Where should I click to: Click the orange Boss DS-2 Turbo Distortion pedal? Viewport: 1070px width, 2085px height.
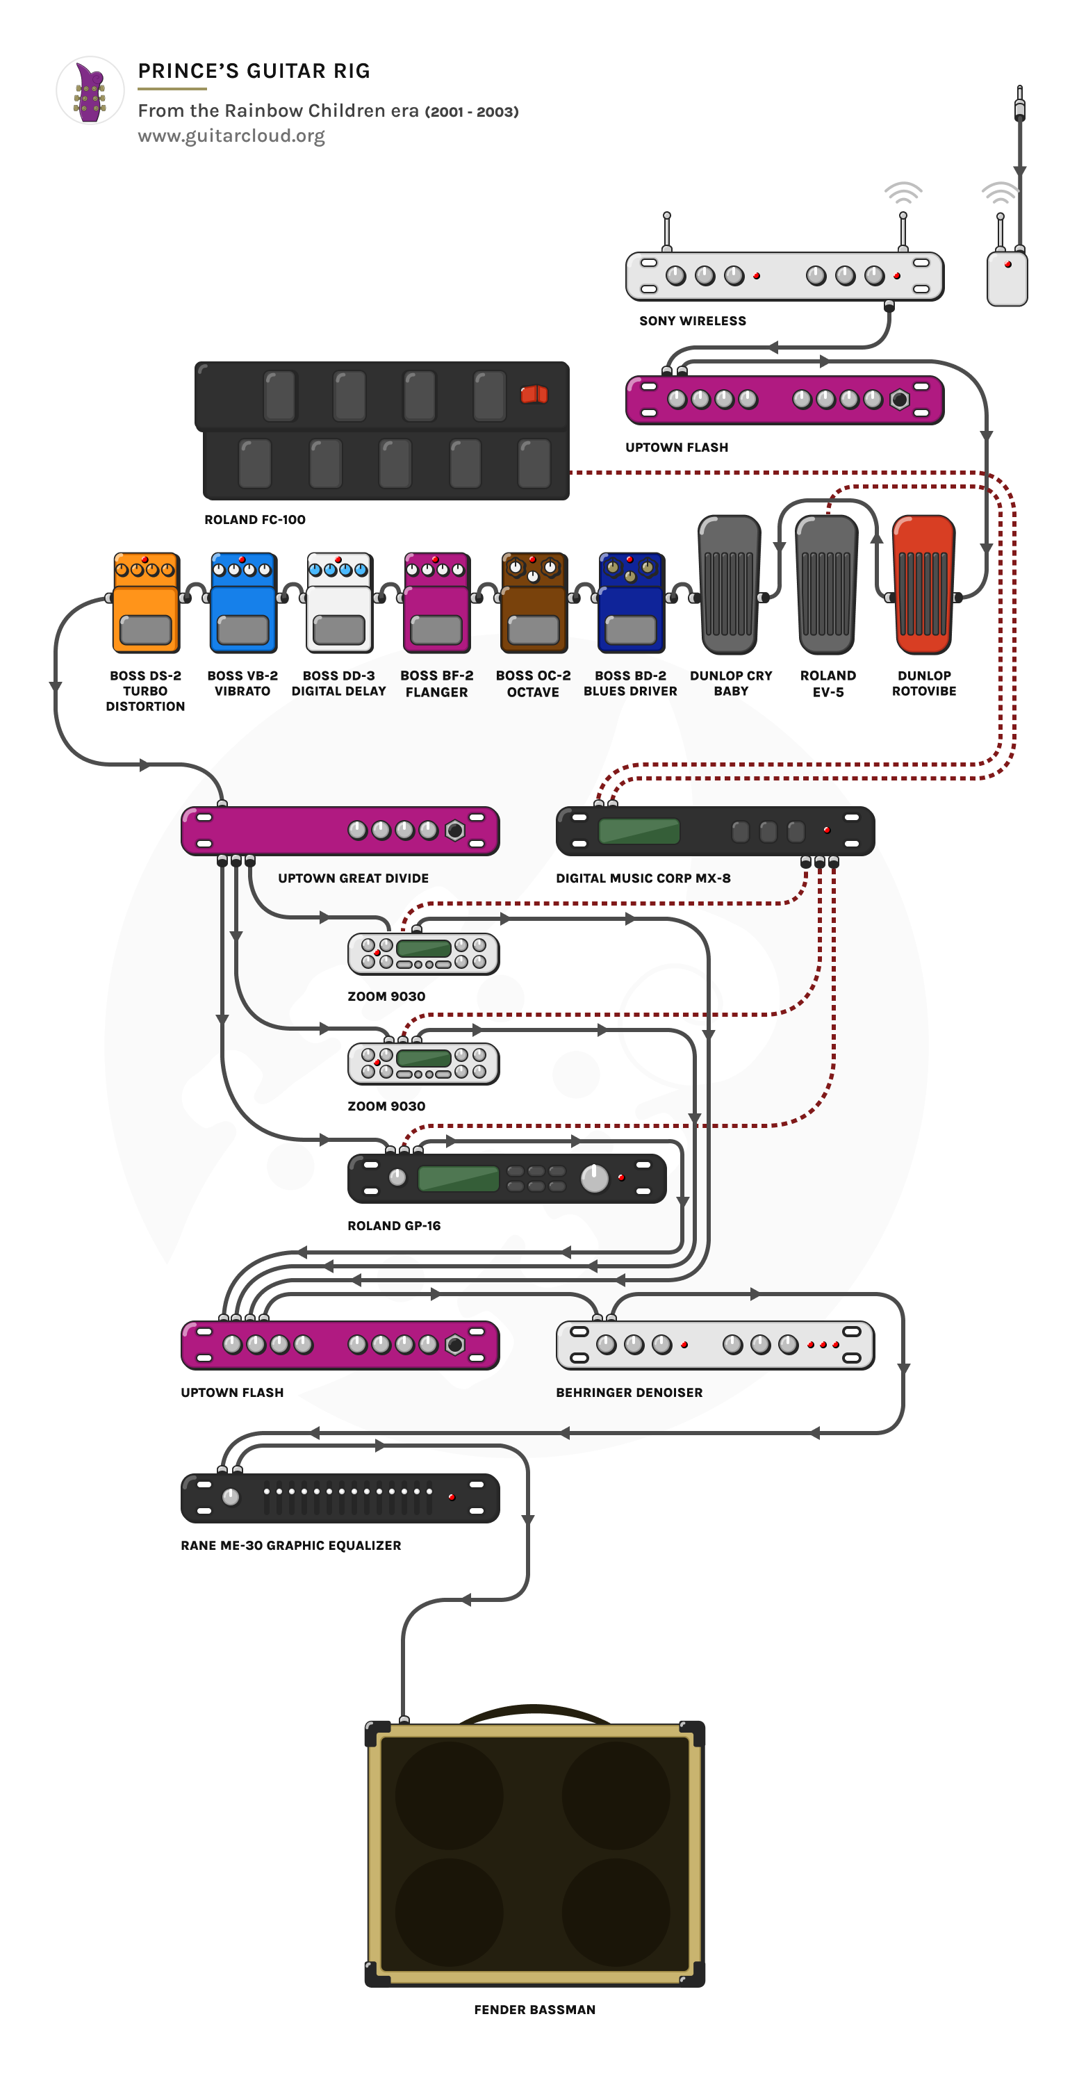click(146, 603)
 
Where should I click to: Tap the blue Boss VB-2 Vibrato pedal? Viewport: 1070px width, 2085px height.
click(242, 603)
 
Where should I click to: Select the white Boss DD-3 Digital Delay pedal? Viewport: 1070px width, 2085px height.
click(339, 603)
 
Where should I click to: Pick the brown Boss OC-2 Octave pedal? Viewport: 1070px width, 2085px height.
click(534, 603)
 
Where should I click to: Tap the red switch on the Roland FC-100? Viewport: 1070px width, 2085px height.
click(534, 395)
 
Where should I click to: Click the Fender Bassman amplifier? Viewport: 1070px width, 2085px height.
click(534, 1854)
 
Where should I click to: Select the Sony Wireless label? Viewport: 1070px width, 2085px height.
click(692, 321)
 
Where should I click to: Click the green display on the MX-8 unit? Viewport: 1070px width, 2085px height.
click(639, 831)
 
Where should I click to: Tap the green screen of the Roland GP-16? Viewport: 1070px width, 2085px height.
click(458, 1179)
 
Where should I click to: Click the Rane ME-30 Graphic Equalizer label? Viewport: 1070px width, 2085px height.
click(290, 1545)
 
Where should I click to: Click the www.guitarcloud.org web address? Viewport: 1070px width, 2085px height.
click(231, 136)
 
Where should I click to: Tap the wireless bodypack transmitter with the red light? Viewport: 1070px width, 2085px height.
click(1007, 279)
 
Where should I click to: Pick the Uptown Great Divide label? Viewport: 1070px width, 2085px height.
click(353, 878)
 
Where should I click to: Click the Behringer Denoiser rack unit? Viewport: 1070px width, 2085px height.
click(715, 1346)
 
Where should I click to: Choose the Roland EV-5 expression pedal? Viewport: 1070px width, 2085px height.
click(826, 584)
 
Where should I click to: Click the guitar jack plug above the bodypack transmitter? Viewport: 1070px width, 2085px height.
click(1020, 104)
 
